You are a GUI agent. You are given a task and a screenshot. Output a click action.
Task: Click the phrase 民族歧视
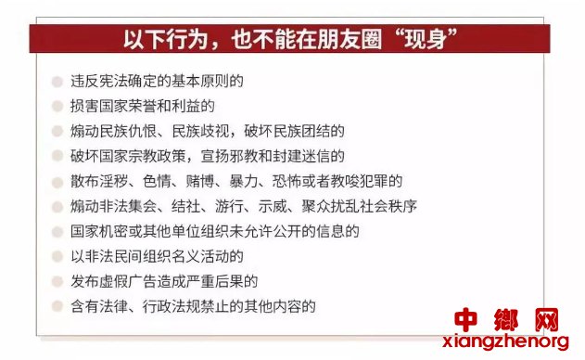point(200,131)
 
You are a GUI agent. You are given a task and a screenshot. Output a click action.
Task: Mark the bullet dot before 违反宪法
point(57,82)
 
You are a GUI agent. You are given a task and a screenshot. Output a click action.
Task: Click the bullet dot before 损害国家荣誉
point(57,107)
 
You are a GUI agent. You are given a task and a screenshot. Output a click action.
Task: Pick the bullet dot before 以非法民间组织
point(57,257)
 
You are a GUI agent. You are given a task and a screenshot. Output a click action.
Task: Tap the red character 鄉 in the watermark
point(506,320)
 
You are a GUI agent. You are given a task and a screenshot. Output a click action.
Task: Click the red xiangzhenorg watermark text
point(505,341)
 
